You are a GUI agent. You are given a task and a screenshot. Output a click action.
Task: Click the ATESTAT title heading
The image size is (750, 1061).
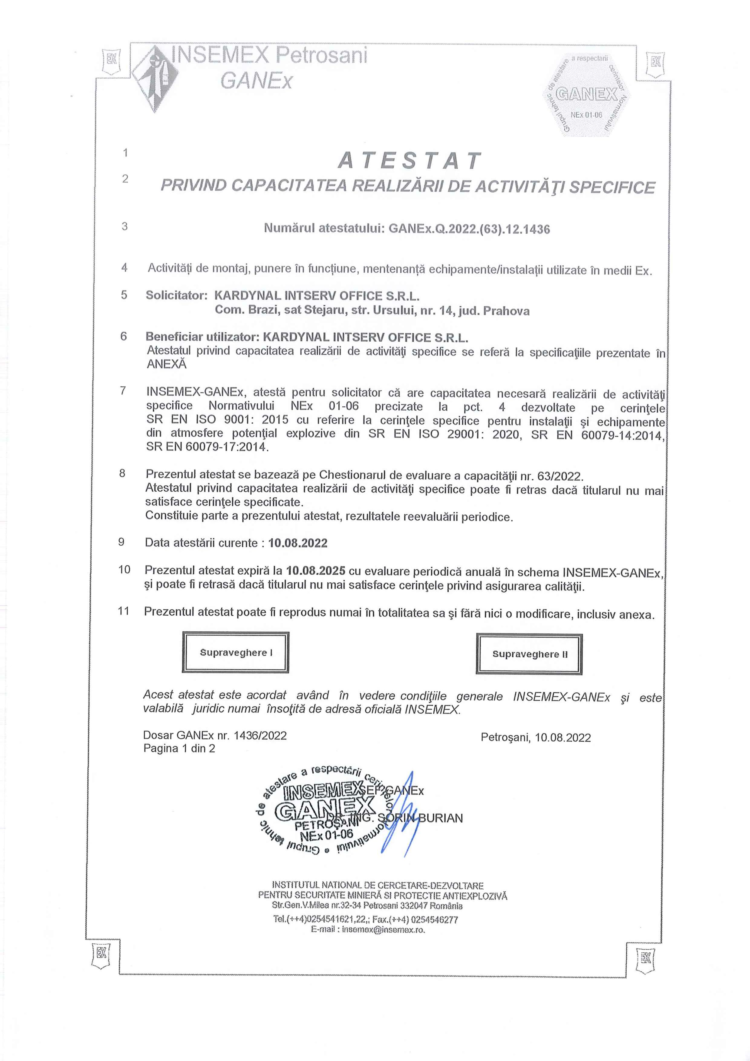409,161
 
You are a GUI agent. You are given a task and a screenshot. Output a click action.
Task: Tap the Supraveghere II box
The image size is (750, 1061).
529,654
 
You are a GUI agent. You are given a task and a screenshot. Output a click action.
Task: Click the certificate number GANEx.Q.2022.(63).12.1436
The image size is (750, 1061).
469,229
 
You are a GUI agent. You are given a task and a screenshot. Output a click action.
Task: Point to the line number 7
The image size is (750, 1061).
123,391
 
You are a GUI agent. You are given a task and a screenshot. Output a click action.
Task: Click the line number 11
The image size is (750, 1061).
123,611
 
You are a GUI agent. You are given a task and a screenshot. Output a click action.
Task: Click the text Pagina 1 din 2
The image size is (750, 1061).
179,748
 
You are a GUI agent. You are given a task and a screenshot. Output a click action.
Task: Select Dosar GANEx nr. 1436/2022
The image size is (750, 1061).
215,735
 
